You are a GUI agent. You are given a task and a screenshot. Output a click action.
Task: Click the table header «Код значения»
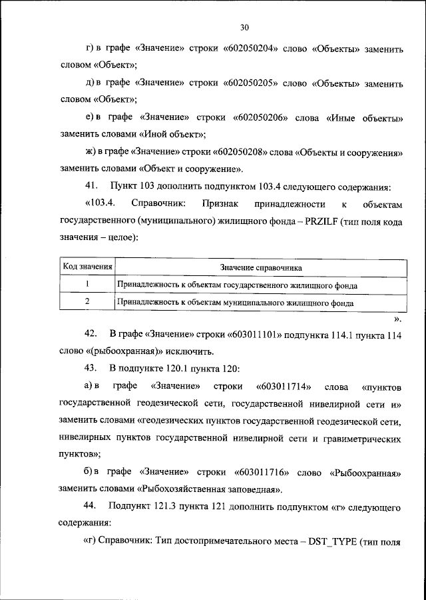point(87,267)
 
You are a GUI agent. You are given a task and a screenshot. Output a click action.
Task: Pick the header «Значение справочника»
point(262,267)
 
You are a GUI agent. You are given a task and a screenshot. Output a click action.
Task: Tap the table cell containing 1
point(87,285)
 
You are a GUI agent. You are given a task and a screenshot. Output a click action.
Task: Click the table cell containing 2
point(87,302)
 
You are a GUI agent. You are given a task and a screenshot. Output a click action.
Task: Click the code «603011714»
point(280,386)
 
